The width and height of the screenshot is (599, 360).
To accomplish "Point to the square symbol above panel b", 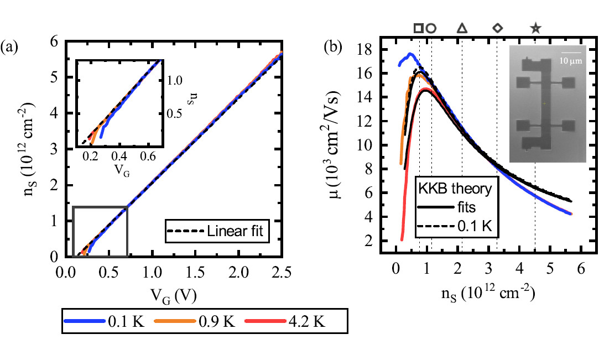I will tap(419, 28).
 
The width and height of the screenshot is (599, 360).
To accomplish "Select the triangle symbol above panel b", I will tap(461, 28).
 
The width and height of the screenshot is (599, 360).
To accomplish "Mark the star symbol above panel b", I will tap(535, 28).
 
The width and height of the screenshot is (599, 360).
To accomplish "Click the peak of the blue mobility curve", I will tap(410, 54).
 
